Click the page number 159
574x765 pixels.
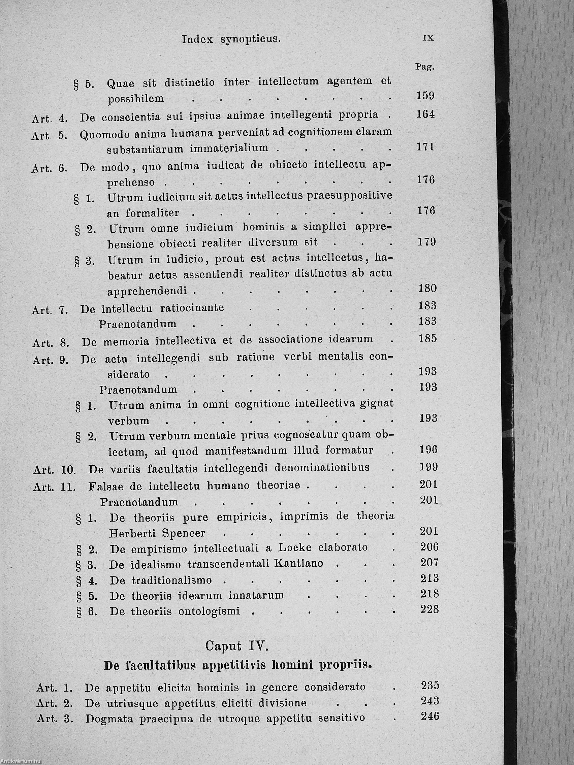click(425, 96)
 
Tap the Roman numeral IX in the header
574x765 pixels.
click(428, 38)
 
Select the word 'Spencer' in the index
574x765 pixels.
click(184, 533)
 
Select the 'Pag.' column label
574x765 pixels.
click(424, 67)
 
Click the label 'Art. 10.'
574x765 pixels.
click(54, 470)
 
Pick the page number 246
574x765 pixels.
click(430, 716)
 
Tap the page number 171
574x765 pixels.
click(425, 147)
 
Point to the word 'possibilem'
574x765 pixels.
click(136, 99)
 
